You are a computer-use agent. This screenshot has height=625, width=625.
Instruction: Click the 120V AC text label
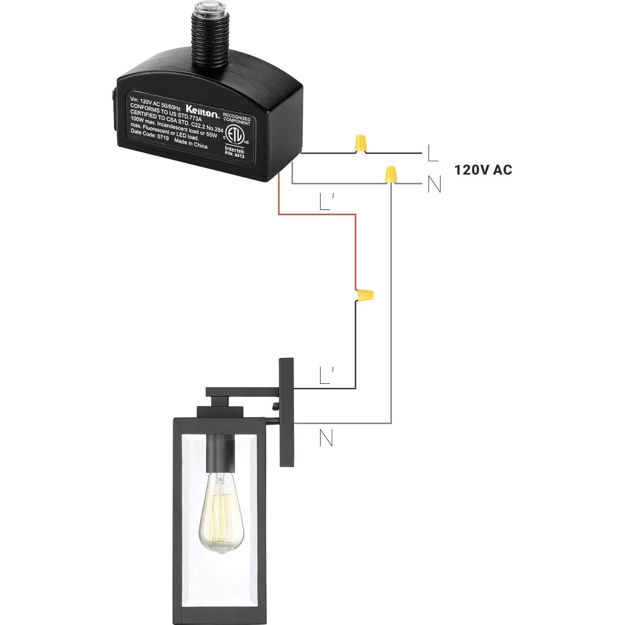coord(483,170)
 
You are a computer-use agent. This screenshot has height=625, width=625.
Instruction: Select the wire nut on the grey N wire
coord(390,173)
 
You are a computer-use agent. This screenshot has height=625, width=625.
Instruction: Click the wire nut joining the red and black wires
coord(364,295)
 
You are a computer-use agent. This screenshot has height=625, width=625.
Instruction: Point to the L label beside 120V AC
coord(432,154)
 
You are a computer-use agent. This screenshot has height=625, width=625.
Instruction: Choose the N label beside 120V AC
coord(434,184)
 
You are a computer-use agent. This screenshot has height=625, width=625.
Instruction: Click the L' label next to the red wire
coord(325,203)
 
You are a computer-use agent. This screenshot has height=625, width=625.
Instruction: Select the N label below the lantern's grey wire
coord(326,438)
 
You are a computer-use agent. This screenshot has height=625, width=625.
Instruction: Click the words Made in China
coord(191,144)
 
